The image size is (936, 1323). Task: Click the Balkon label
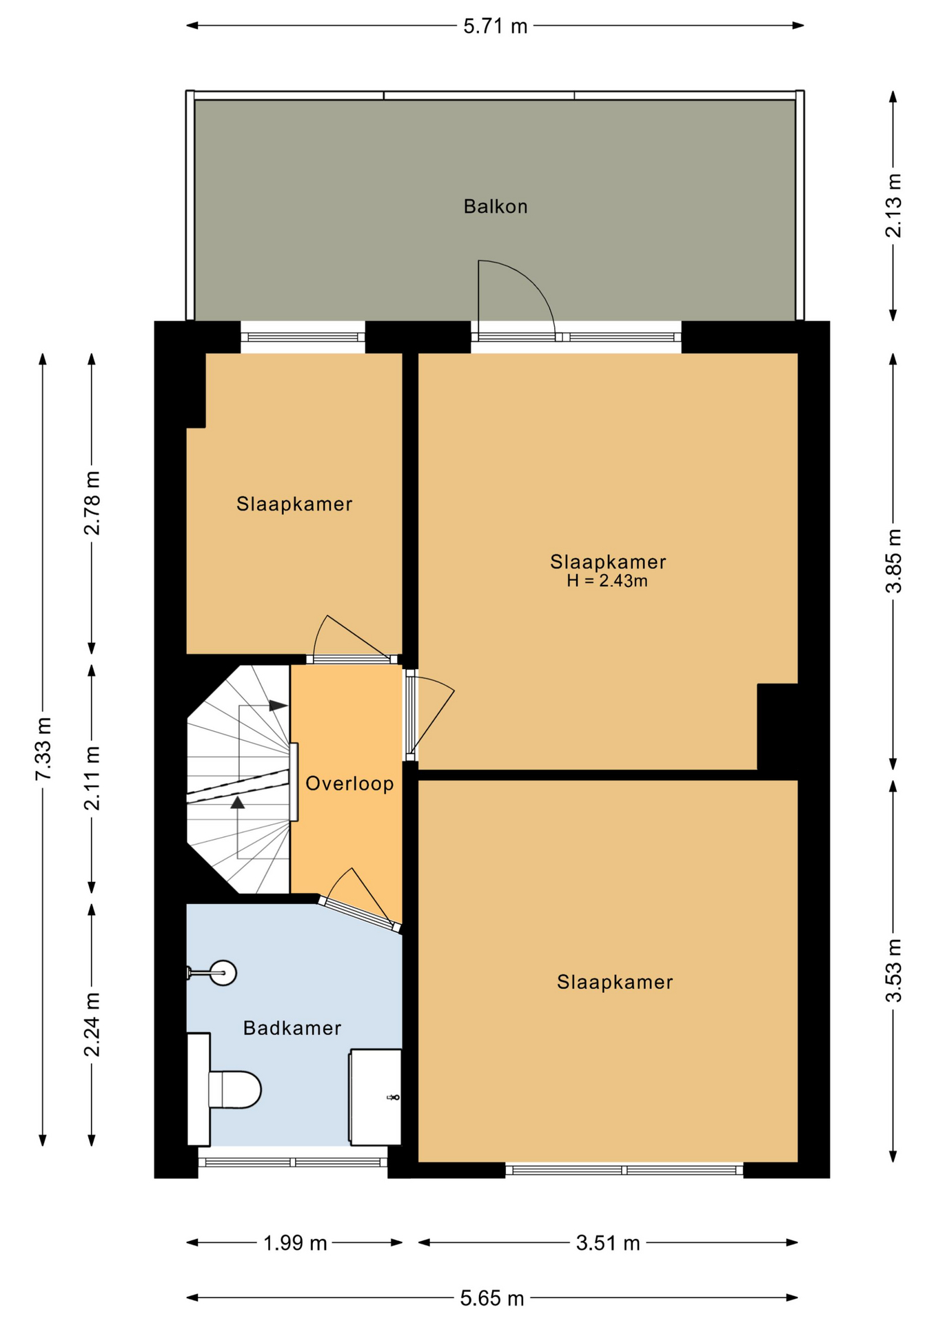(x=495, y=206)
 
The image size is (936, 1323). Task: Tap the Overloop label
(x=349, y=783)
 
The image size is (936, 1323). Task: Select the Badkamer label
(x=292, y=1028)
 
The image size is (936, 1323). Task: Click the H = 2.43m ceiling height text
(x=607, y=581)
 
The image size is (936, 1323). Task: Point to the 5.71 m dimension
(x=495, y=26)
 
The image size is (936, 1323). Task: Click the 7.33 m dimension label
(x=43, y=749)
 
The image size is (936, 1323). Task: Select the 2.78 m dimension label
(x=92, y=503)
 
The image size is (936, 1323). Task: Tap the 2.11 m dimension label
(x=92, y=778)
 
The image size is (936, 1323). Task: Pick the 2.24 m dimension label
(x=92, y=1025)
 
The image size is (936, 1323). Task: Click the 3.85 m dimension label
(x=893, y=561)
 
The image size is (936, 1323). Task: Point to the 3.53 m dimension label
(x=893, y=971)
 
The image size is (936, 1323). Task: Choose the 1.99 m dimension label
(x=295, y=1243)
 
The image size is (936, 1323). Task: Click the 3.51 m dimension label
(x=608, y=1243)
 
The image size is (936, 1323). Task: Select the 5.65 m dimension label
(x=492, y=1299)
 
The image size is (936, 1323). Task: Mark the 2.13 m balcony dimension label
(x=893, y=205)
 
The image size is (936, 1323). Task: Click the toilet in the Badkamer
(x=224, y=1089)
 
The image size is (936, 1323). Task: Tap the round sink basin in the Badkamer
(x=223, y=973)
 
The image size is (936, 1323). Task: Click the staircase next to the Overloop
(x=238, y=779)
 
